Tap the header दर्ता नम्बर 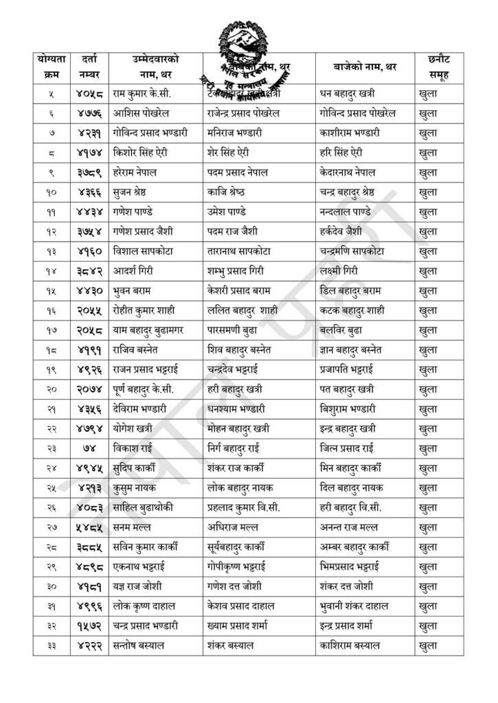pos(89,67)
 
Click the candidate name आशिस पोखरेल pos(142,112)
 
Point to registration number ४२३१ pos(89,132)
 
